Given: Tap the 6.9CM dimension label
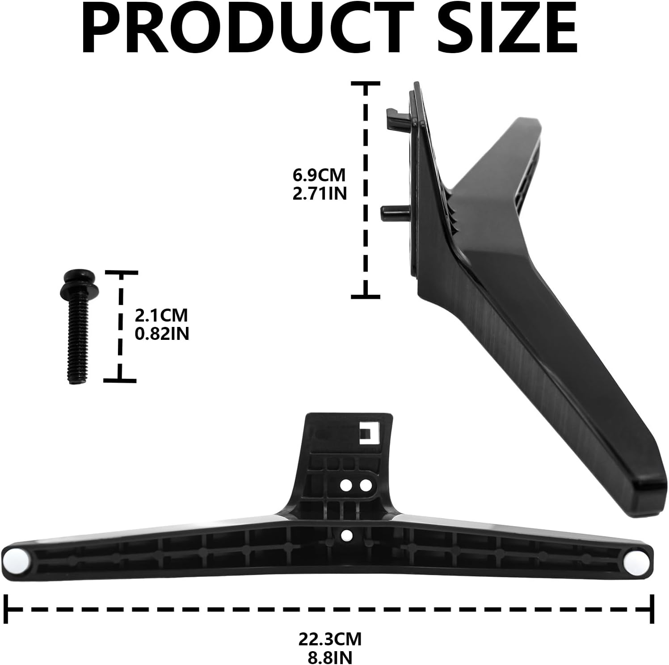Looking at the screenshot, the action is click(x=319, y=175).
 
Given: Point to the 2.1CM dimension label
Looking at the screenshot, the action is click(x=161, y=315).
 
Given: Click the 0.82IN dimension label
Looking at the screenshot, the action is click(x=162, y=334).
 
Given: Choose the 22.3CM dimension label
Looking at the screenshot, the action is click(x=330, y=639).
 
